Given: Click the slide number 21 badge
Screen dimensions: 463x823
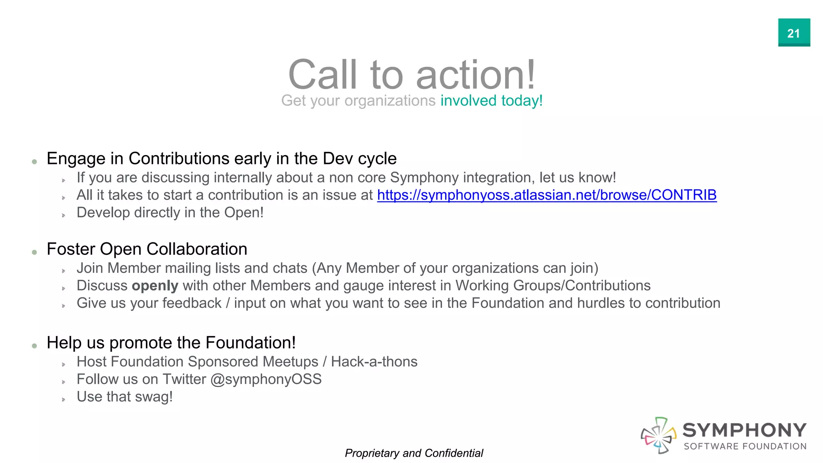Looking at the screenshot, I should click(794, 33).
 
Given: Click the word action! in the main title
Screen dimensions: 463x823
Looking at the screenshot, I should click(476, 75).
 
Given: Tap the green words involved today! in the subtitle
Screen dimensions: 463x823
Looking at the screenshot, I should click(491, 100).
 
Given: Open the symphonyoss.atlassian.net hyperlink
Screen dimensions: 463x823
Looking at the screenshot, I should click(547, 195).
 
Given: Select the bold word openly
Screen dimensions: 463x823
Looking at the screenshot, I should click(155, 286).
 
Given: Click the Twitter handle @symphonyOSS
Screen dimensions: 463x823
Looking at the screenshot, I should click(266, 379).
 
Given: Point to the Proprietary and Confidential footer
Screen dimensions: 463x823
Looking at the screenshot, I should click(414, 453).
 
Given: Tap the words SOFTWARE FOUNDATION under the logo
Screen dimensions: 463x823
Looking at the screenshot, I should click(745, 447).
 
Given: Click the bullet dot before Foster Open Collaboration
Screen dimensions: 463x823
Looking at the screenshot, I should click(35, 252).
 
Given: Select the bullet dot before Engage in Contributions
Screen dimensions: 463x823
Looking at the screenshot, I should click(35, 162).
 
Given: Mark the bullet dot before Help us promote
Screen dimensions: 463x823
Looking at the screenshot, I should click(35, 346).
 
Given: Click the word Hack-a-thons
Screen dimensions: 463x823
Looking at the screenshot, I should click(374, 362).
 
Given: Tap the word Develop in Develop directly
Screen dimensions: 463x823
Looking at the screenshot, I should click(103, 213).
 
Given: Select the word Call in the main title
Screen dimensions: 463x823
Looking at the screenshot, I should click(323, 75).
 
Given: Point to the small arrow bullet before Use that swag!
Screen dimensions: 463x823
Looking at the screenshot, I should click(63, 399).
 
